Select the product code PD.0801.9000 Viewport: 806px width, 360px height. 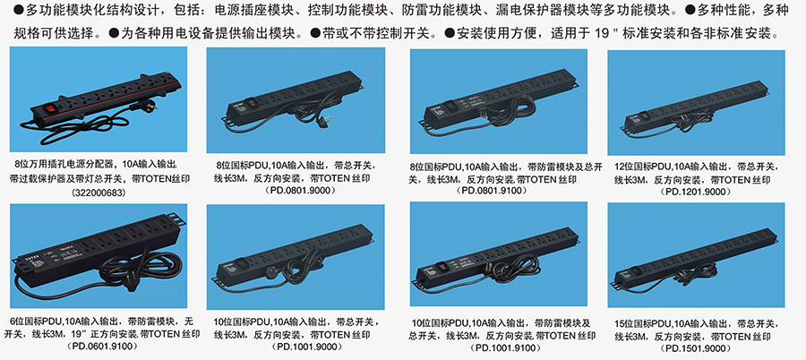coord(297,191)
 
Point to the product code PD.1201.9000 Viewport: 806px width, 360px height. coord(696,192)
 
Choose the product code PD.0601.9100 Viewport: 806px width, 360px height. coord(102,346)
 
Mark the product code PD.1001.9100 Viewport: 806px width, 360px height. coord(499,348)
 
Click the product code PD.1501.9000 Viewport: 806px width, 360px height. coord(697,348)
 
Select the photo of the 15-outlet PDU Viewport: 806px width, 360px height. coord(696,255)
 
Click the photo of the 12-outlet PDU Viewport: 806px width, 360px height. coord(696,103)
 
